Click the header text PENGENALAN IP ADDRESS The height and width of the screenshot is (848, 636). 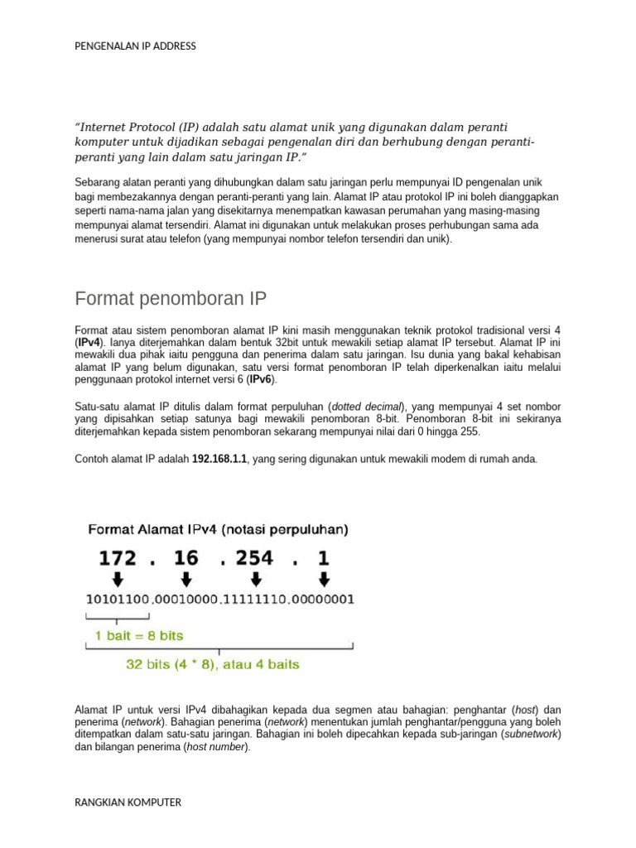[135, 46]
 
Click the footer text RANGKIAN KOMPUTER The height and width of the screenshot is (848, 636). [128, 802]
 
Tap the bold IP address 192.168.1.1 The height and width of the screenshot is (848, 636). [219, 458]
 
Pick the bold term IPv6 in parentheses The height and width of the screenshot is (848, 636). [262, 379]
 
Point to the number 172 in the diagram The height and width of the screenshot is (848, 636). [118, 558]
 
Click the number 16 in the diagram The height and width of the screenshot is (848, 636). [186, 558]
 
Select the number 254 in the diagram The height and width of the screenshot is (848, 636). [254, 558]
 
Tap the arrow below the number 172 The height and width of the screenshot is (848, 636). [118, 578]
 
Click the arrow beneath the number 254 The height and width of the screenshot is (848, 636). [254, 578]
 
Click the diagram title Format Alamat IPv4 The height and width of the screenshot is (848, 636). [157, 528]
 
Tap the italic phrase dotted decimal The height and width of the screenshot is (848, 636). [366, 407]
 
